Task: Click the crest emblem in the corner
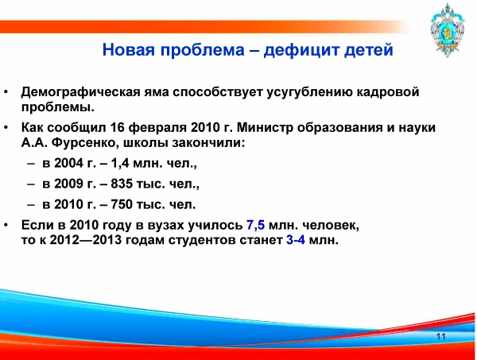pyautogui.click(x=447, y=30)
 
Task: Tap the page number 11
pyautogui.click(x=440, y=336)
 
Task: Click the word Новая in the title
pyautogui.click(x=128, y=49)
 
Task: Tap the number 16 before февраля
pyautogui.click(x=117, y=128)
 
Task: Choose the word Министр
pyautogui.click(x=265, y=128)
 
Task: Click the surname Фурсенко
pyautogui.click(x=85, y=142)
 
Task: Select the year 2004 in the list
pyautogui.click(x=68, y=163)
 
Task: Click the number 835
pyautogui.click(x=122, y=184)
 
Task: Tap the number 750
pyautogui.click(x=122, y=204)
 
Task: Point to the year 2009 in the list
pyautogui.click(x=68, y=184)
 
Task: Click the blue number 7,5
pyautogui.click(x=255, y=225)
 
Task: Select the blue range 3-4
pyautogui.click(x=296, y=240)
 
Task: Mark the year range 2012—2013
pyautogui.click(x=86, y=240)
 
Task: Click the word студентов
pyautogui.click(x=202, y=240)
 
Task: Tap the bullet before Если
pyautogui.click(x=6, y=225)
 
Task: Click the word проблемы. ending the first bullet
pyautogui.click(x=58, y=107)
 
